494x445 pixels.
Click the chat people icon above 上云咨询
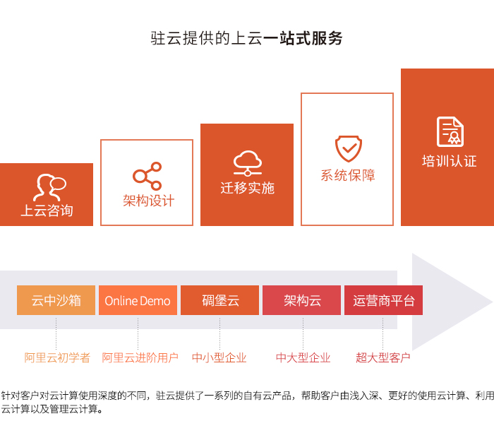click(50, 187)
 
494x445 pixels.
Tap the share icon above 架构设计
click(147, 176)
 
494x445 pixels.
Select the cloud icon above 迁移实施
click(248, 163)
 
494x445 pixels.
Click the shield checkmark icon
click(348, 149)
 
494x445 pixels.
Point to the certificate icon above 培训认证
click(450, 132)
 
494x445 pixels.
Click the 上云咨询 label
click(47, 210)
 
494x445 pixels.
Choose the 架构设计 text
click(149, 201)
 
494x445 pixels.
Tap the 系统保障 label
click(348, 175)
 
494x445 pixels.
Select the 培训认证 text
click(450, 161)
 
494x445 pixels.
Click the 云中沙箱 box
click(56, 300)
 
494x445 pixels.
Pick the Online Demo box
click(138, 300)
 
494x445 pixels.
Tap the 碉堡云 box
click(220, 300)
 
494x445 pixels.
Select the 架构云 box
click(302, 300)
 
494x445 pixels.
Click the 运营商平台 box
click(383, 300)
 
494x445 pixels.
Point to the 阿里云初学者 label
click(57, 357)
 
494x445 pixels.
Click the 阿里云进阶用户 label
click(140, 357)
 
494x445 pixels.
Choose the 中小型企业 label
click(219, 357)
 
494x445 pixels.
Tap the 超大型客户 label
click(383, 357)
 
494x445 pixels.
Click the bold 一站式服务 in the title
click(303, 38)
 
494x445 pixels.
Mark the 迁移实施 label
click(248, 188)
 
